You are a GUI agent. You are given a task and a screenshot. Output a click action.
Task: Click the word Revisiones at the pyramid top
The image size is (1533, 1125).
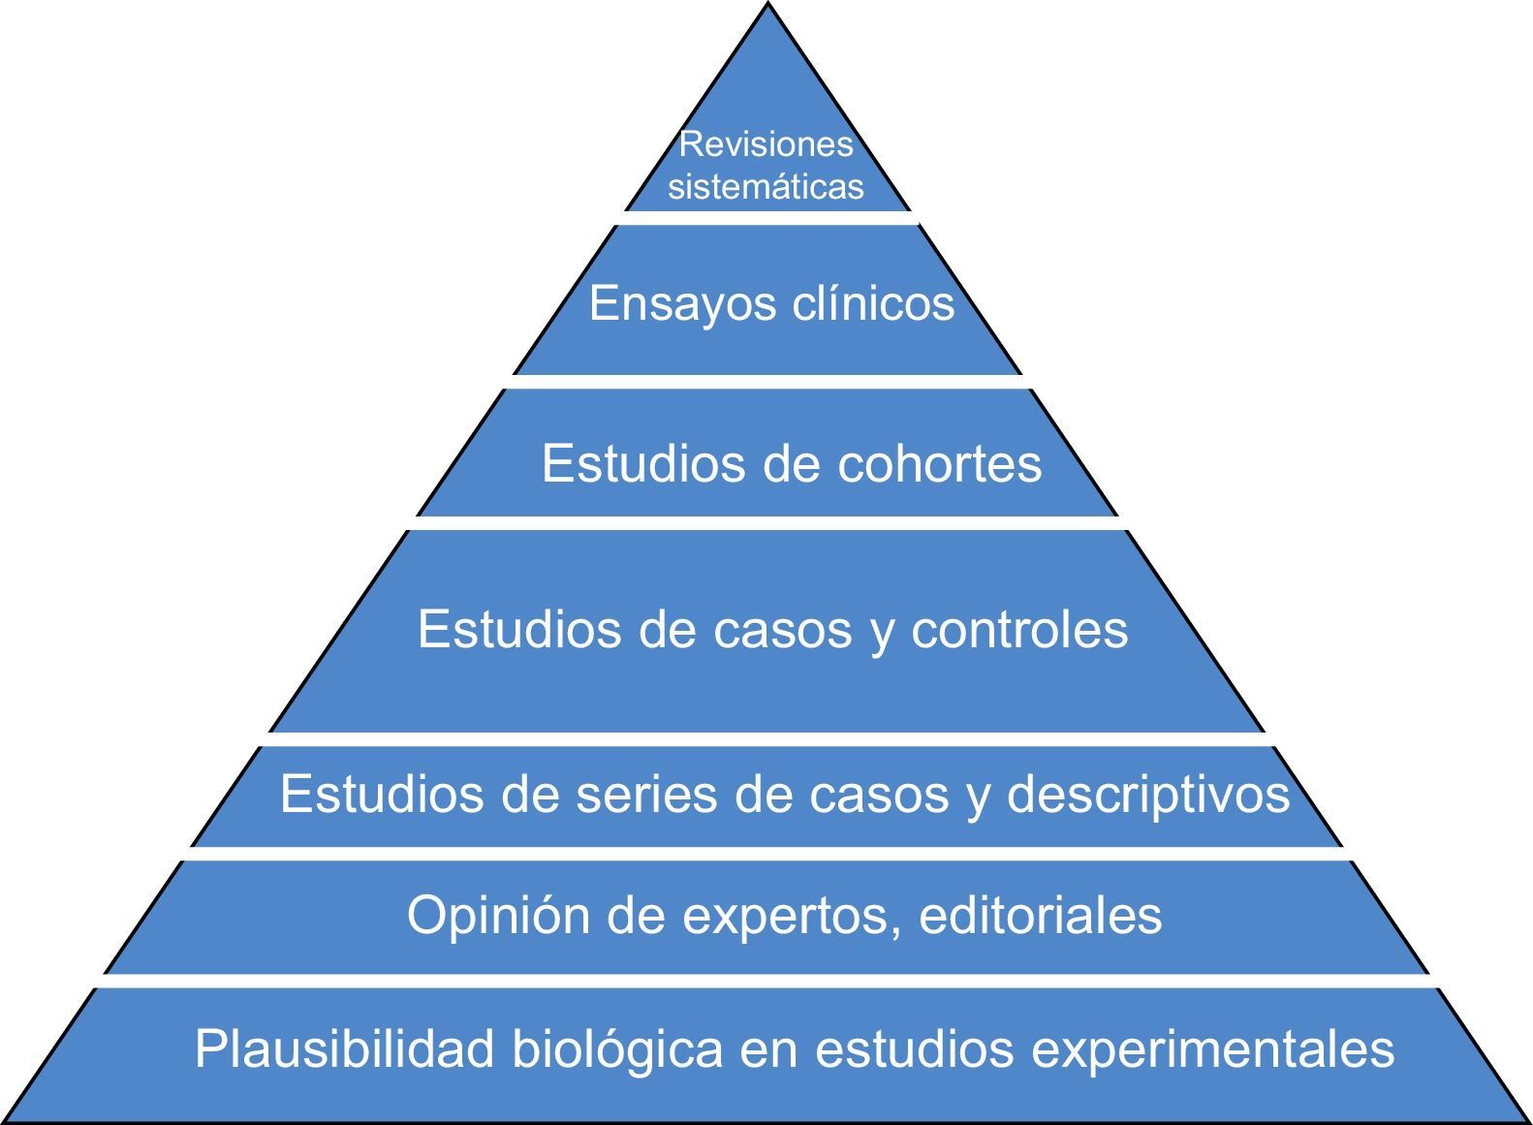point(766,144)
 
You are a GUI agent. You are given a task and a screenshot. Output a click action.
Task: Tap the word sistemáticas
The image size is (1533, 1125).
point(766,186)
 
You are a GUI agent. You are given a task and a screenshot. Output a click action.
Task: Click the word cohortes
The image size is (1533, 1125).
point(939,463)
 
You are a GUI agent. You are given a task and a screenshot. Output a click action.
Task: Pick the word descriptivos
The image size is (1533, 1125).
point(1148,796)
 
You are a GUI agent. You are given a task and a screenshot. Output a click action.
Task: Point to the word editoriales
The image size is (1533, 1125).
point(1040,914)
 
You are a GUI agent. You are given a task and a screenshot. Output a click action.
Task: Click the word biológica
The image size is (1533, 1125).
point(617,1048)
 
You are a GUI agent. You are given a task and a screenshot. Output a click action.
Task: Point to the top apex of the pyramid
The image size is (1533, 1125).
point(767,6)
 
